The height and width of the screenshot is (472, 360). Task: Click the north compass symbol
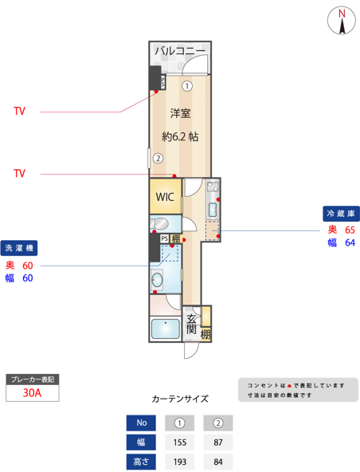[342, 22]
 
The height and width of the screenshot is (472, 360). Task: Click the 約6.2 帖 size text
[180, 136]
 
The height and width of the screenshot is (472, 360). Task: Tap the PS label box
[165, 238]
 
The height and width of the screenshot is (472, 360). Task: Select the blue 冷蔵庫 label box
[340, 214]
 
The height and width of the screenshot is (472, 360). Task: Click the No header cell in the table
[142, 422]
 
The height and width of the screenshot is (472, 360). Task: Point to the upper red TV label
[19, 111]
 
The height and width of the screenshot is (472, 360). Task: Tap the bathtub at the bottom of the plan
[165, 329]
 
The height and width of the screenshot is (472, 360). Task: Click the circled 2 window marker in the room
[158, 158]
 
